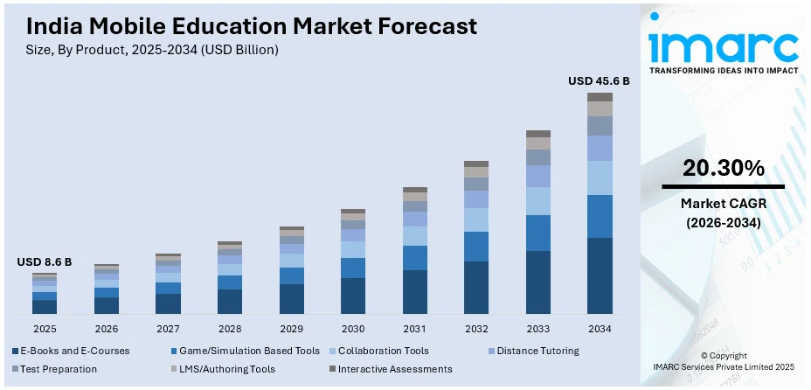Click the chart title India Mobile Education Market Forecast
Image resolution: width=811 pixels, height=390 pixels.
pyautogui.click(x=246, y=26)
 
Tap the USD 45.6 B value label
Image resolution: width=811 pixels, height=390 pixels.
pyautogui.click(x=599, y=80)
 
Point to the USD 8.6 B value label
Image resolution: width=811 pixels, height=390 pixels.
pyautogui.click(x=45, y=261)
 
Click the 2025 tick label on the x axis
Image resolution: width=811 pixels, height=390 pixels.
pyautogui.click(x=45, y=329)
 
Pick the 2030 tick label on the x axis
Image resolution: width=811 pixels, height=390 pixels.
pyautogui.click(x=353, y=329)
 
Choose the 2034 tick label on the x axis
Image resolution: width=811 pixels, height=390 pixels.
pyautogui.click(x=600, y=329)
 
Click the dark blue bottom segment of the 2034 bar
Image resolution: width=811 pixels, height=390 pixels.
pyautogui.click(x=600, y=275)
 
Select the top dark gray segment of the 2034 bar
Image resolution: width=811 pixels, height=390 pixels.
pyautogui.click(x=600, y=97)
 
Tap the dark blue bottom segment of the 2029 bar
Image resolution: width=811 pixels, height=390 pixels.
pyautogui.click(x=292, y=299)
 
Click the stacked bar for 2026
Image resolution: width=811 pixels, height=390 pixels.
pyautogui.click(x=107, y=289)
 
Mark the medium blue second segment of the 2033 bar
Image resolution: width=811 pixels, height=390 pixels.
pyautogui.click(x=538, y=233)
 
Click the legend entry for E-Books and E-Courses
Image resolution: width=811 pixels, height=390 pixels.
pyautogui.click(x=73, y=351)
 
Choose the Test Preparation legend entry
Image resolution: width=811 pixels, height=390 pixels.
pyautogui.click(x=56, y=369)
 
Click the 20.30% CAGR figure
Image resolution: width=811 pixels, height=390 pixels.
pyautogui.click(x=723, y=168)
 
